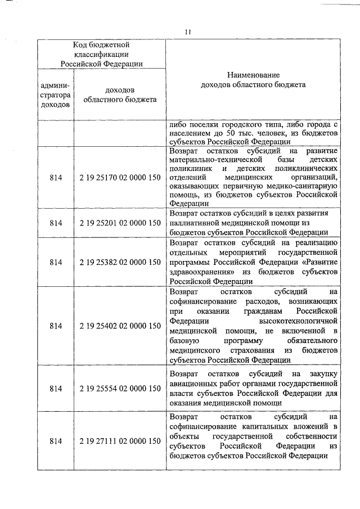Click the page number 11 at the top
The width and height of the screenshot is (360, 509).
(x=187, y=31)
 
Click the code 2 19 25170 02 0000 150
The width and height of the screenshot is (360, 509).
(x=120, y=177)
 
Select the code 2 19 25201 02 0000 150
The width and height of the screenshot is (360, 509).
(x=120, y=223)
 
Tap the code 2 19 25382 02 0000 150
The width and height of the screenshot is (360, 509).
(x=120, y=262)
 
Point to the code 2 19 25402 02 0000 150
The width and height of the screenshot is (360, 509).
(x=120, y=326)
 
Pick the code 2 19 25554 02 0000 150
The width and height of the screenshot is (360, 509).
(x=120, y=389)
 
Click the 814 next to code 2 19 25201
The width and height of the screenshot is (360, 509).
(x=56, y=223)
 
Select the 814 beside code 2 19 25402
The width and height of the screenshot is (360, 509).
(x=56, y=326)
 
